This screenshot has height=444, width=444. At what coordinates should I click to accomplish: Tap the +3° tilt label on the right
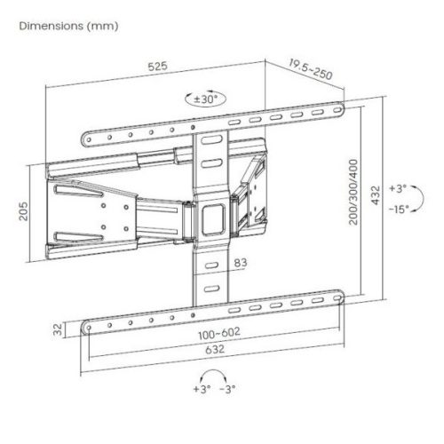pos(397,188)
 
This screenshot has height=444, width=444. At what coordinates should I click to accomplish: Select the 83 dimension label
pos(240,262)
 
